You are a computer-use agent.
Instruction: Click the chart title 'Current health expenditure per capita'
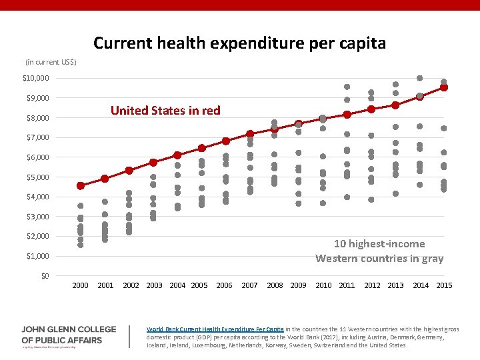click(x=239, y=43)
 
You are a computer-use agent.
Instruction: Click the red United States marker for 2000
click(x=81, y=185)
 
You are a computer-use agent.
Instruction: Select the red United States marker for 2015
click(x=444, y=87)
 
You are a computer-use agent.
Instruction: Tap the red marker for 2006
click(x=226, y=141)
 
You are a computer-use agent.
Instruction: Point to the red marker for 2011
click(x=347, y=115)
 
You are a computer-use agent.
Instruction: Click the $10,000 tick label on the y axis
click(x=36, y=79)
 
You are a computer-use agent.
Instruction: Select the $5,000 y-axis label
click(x=38, y=177)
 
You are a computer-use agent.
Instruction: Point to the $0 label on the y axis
click(x=43, y=276)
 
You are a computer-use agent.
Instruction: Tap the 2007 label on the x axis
click(x=249, y=286)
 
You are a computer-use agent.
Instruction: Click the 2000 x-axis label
click(x=80, y=286)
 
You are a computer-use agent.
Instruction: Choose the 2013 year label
click(x=395, y=286)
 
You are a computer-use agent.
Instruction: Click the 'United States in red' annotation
click(x=165, y=111)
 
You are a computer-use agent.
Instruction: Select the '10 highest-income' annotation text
click(x=379, y=244)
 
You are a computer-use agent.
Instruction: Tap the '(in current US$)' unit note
click(x=51, y=62)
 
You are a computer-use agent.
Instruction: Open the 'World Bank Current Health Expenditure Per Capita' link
click(x=215, y=329)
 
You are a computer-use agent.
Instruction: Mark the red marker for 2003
click(x=153, y=163)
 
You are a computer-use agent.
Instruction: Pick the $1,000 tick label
click(x=38, y=256)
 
